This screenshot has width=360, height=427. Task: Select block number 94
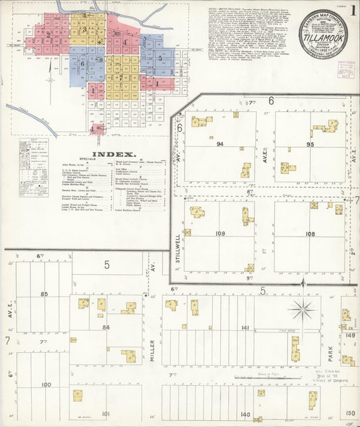pos(220,145)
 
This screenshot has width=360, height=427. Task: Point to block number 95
pos(310,145)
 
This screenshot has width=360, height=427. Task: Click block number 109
pos(220,234)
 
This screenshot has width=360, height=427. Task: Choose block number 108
pos(310,234)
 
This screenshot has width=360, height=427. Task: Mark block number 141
pos(245,328)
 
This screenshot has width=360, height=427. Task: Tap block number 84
pos(105,328)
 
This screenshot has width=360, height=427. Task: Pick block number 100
pos(46,384)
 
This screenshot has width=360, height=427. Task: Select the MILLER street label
pos(153,350)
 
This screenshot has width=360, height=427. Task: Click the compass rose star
pos(301,311)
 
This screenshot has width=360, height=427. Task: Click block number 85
pos(45,294)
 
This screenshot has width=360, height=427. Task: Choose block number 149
pos(351,335)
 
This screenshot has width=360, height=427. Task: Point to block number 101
pos(105,413)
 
